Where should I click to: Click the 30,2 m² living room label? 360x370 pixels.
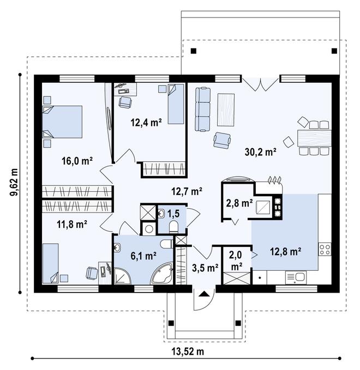(260, 152)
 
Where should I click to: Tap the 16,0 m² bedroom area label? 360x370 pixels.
(77, 161)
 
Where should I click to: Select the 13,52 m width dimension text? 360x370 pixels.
(187, 351)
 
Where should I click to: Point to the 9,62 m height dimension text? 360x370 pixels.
(14, 182)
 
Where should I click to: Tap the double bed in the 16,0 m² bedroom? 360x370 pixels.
(62, 122)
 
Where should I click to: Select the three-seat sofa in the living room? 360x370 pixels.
(203, 109)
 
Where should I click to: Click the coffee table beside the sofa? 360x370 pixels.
(226, 110)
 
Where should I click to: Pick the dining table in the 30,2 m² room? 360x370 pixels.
(314, 138)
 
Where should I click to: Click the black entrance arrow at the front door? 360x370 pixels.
(204, 294)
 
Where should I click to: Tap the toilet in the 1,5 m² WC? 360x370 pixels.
(173, 227)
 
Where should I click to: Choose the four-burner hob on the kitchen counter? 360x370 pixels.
(325, 250)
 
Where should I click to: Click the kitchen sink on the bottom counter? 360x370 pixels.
(296, 277)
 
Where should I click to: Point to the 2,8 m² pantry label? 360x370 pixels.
(239, 203)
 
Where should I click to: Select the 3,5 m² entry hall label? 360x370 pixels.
(205, 268)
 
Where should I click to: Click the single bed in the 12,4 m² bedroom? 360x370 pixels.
(176, 104)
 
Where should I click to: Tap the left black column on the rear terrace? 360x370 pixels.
(194, 51)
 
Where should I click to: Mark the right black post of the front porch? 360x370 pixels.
(238, 323)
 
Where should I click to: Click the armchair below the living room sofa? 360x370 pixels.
(222, 141)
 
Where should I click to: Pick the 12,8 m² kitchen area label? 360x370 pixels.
(285, 252)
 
